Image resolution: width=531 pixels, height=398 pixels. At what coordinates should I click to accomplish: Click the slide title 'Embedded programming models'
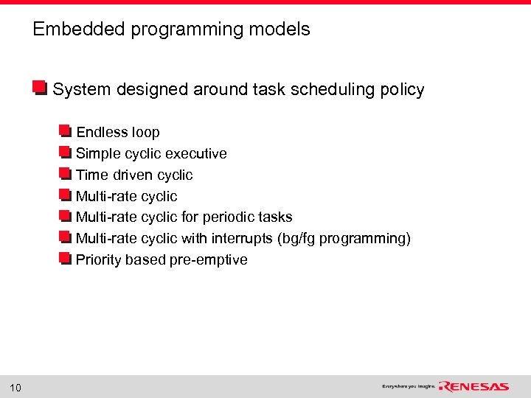171,29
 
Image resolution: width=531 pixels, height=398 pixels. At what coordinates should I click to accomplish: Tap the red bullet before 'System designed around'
41,89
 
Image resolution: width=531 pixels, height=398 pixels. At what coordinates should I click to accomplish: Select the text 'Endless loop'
118,133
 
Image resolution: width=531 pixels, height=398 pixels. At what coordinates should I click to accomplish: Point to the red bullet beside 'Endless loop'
65,132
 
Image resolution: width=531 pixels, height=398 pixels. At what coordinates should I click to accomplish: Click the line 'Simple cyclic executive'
151,154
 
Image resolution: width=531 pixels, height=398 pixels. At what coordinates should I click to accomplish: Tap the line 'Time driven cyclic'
134,175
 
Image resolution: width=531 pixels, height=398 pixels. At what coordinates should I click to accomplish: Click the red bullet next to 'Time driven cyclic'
65,175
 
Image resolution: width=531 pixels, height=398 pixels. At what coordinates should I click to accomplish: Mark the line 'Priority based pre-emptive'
162,260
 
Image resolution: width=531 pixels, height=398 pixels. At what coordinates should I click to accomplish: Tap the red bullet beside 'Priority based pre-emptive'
65,259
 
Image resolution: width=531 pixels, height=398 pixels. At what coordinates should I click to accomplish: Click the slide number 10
16,388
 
